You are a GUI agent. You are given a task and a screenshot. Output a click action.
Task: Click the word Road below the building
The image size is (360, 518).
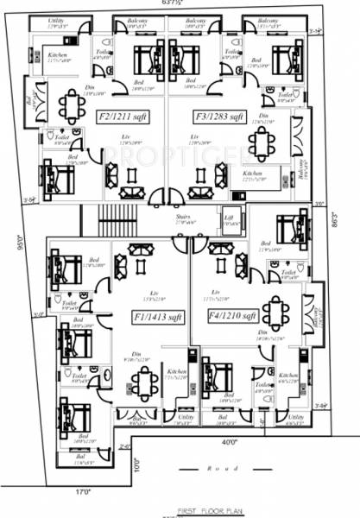click(x=224, y=469)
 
